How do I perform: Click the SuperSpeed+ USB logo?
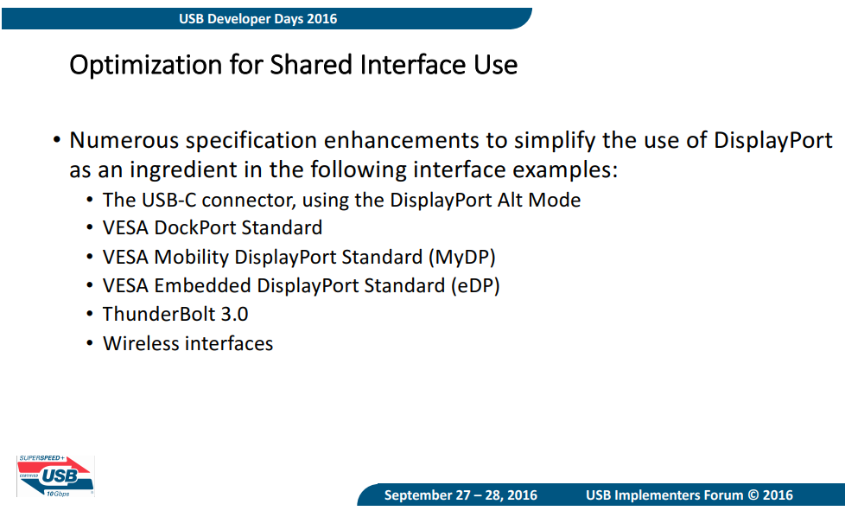coord(55,476)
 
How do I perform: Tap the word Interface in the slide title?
coord(413,64)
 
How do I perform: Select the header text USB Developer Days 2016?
coord(257,19)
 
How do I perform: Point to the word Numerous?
coord(124,140)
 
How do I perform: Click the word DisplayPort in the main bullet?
coord(773,141)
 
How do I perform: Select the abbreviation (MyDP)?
coord(462,257)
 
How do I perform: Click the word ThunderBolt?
coord(159,315)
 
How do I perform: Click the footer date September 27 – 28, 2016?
coord(461,495)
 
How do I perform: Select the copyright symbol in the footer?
coord(753,495)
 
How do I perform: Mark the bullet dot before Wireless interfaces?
coord(90,343)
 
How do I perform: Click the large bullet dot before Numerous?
coord(57,141)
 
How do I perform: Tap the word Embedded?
coord(203,285)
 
